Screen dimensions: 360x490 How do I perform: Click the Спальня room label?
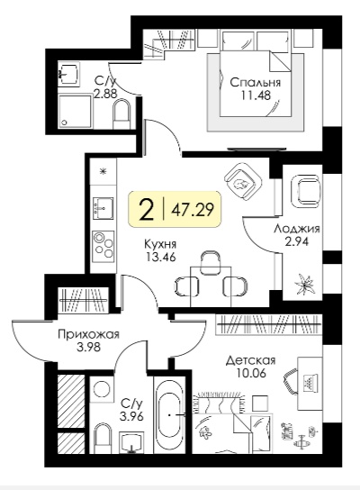pos(256,83)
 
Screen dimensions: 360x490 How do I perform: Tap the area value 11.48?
pos(256,95)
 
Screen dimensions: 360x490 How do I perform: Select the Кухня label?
pos(160,244)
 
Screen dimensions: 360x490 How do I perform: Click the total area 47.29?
pos(193,209)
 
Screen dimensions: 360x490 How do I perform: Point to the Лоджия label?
pos(297,229)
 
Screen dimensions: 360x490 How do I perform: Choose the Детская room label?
pos(251,360)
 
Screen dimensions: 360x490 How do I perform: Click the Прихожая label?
pos(89,335)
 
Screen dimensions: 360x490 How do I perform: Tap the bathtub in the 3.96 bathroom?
pos(170,414)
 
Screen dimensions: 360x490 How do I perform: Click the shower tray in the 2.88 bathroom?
pos(76,111)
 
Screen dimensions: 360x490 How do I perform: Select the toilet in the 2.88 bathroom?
pos(121,114)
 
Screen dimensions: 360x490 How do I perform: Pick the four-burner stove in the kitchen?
pos(103,245)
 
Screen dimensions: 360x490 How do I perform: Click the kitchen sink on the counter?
pos(103,207)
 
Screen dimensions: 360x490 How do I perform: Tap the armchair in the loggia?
pos(306,191)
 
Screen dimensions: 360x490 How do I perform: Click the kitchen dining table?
pos(211,286)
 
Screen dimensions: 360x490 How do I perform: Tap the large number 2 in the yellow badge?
pos(147,210)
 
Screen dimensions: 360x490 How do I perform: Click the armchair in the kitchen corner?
pos(243,184)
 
